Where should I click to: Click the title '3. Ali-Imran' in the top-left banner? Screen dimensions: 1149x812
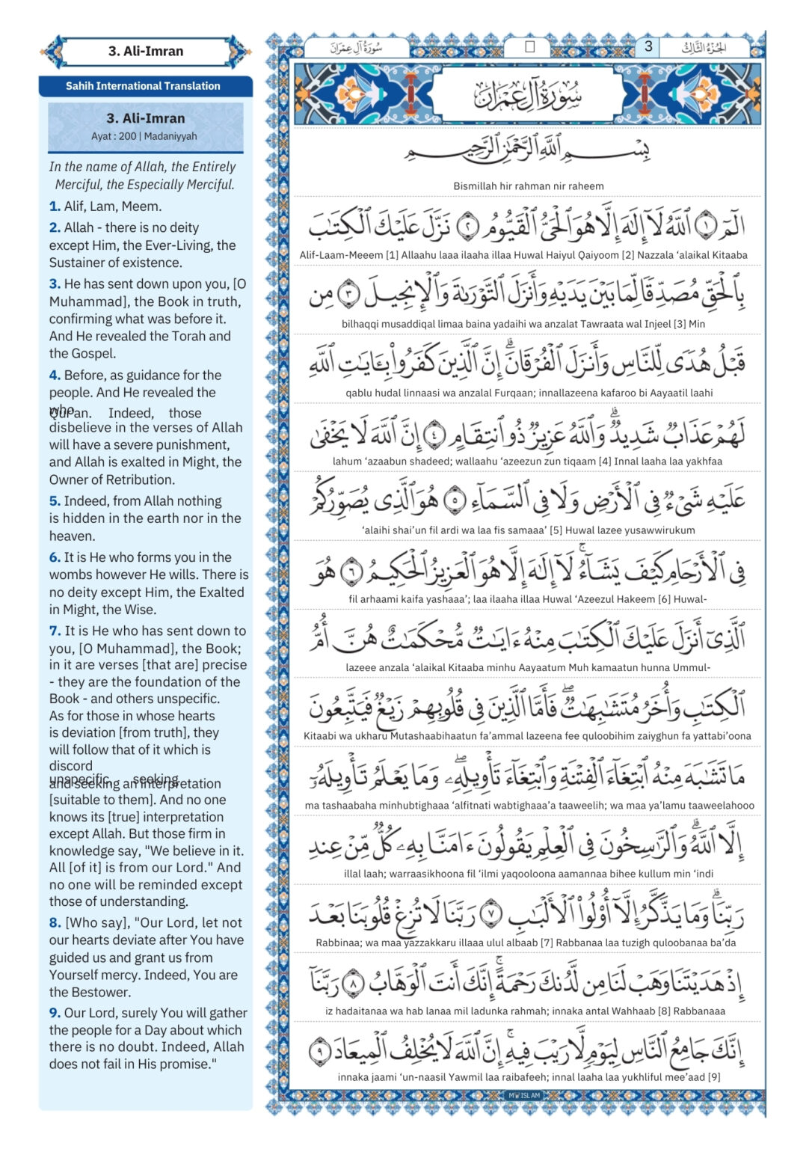pyautogui.click(x=146, y=52)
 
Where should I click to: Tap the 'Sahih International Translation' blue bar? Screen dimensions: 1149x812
pyautogui.click(x=143, y=86)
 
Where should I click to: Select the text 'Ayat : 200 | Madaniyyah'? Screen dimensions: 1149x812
pyautogui.click(x=144, y=136)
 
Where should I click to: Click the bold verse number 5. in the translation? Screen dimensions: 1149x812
pyautogui.click(x=55, y=501)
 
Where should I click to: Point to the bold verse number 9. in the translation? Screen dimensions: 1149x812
pyautogui.click(x=55, y=1013)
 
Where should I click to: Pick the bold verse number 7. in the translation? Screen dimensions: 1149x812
pyautogui.click(x=55, y=631)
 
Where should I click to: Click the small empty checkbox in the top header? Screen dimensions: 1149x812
pyautogui.click(x=529, y=47)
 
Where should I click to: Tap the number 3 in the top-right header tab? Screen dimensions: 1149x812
pyautogui.click(x=648, y=46)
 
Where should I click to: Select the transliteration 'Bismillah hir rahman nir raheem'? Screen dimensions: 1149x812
pyautogui.click(x=528, y=186)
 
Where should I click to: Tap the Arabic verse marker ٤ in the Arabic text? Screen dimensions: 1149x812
pyautogui.click(x=434, y=433)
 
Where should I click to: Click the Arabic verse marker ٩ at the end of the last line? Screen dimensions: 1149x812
pyautogui.click(x=320, y=1050)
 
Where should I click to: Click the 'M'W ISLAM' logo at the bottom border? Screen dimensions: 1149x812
pyautogui.click(x=524, y=1095)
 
